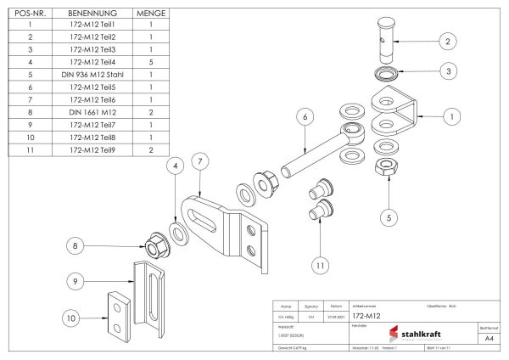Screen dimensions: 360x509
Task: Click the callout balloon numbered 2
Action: [447, 40]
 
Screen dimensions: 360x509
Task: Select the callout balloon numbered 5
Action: [389, 217]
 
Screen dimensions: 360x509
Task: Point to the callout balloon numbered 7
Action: [198, 160]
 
